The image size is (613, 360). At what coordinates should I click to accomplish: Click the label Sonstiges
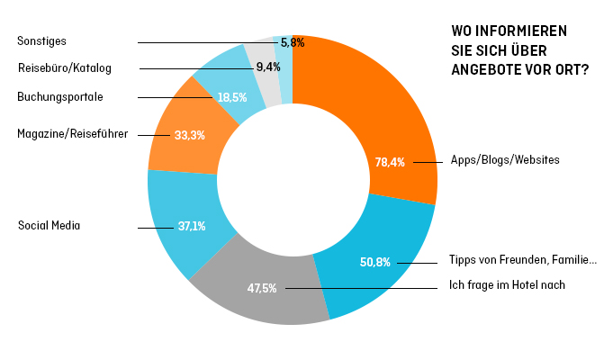click(x=42, y=41)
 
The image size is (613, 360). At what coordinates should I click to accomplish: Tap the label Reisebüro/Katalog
click(x=65, y=67)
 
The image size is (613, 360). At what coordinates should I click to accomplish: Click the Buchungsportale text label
click(x=60, y=96)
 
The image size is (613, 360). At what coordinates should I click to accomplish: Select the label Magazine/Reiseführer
click(x=72, y=133)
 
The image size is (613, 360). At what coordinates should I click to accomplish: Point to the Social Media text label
click(x=50, y=225)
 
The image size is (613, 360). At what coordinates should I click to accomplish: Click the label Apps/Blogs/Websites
click(x=505, y=160)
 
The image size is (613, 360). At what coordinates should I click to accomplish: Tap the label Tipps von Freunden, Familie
click(x=523, y=261)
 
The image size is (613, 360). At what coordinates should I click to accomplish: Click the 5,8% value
click(x=293, y=42)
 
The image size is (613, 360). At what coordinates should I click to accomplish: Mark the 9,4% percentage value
click(x=267, y=67)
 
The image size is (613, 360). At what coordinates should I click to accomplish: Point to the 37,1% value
click(x=192, y=227)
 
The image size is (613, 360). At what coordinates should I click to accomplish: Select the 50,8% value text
click(x=375, y=263)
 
